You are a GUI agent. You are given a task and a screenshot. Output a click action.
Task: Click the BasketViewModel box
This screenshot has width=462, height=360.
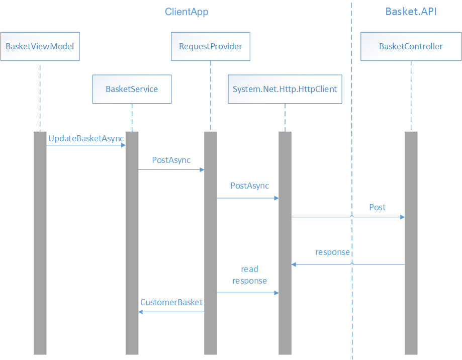click(40, 46)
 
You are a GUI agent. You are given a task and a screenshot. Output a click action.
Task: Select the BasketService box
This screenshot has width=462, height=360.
click(132, 89)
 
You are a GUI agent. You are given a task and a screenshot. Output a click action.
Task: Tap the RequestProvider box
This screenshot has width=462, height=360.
click(211, 46)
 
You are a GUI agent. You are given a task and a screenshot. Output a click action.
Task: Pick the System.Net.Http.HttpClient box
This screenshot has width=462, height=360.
click(285, 89)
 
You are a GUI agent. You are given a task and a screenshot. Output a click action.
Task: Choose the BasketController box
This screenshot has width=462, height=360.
click(411, 46)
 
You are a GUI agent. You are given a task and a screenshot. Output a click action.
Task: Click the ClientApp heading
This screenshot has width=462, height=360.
click(187, 12)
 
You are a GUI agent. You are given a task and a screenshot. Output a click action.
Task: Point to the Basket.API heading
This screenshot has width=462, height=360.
click(411, 12)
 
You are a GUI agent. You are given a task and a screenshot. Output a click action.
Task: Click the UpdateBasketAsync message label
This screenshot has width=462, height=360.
click(86, 138)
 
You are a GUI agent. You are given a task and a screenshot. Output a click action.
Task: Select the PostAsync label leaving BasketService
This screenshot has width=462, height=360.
click(171, 160)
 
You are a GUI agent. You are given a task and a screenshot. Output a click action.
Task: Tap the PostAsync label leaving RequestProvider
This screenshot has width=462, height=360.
click(249, 186)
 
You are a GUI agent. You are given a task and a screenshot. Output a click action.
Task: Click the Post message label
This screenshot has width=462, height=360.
click(377, 207)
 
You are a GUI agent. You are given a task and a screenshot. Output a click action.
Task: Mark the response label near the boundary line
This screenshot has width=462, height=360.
click(332, 252)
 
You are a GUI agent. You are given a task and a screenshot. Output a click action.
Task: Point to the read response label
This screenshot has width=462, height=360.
click(249, 275)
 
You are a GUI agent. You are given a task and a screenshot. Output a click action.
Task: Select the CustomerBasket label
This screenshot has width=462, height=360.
click(171, 302)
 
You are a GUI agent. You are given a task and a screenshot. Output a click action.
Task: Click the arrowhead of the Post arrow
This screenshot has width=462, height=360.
click(402, 217)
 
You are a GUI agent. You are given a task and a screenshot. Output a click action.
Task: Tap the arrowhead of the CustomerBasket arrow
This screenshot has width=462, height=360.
click(141, 312)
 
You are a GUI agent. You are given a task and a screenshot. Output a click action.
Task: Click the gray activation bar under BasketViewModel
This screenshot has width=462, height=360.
click(40, 241)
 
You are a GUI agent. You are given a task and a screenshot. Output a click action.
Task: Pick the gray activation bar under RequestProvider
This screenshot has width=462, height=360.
click(211, 241)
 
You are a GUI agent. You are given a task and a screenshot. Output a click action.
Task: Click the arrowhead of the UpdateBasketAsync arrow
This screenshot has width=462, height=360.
click(123, 145)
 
